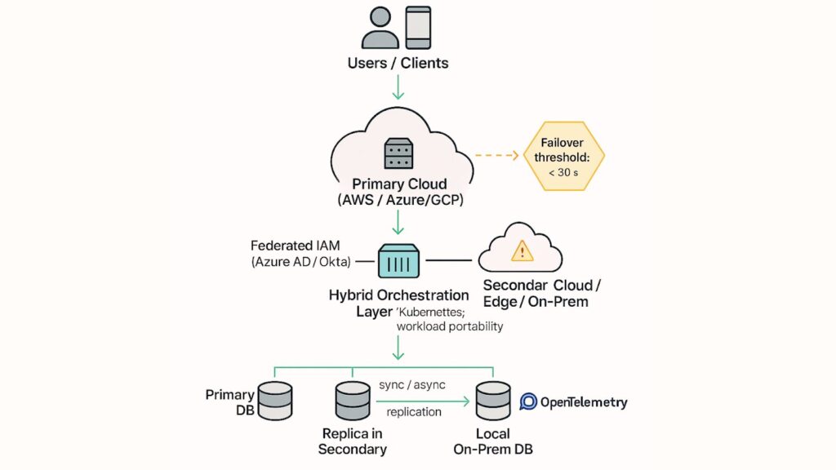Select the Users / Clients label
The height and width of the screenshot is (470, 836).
[x=398, y=63]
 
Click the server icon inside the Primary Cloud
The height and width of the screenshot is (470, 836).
[x=398, y=153]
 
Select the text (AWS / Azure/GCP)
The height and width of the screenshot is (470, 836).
[x=398, y=201]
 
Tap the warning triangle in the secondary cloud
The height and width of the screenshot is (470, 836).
[x=522, y=251]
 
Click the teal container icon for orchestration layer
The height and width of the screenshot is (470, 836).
[x=398, y=261]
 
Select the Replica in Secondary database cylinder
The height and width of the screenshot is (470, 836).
[x=352, y=400]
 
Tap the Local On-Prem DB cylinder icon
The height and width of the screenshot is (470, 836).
[x=494, y=400]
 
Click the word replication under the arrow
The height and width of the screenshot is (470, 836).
[x=414, y=412]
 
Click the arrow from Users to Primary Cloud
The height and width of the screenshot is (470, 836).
[x=398, y=87]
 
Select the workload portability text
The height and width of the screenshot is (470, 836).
[x=449, y=326]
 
